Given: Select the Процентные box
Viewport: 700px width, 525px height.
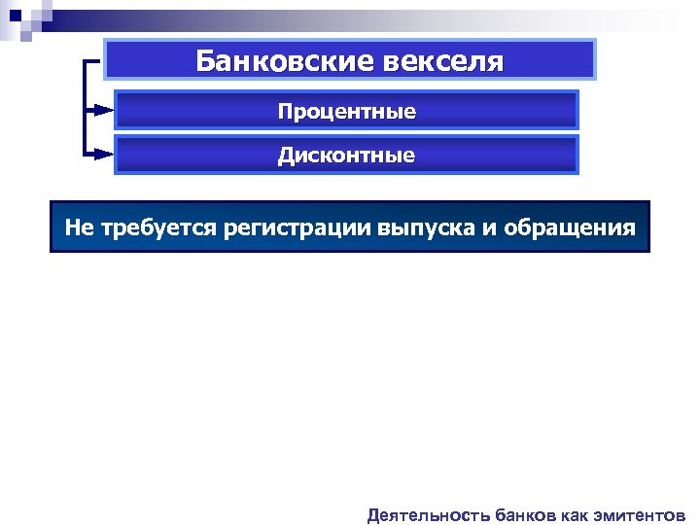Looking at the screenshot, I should [346, 111].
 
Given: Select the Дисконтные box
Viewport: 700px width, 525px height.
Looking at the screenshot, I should [346, 155].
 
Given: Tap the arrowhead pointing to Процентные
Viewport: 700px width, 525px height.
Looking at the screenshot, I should [105, 111].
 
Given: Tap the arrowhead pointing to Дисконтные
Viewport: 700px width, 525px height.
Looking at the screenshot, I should [105, 155].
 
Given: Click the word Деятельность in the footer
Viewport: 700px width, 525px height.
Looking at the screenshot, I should [427, 514].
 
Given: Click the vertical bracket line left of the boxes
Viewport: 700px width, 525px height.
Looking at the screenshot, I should [87, 107].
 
